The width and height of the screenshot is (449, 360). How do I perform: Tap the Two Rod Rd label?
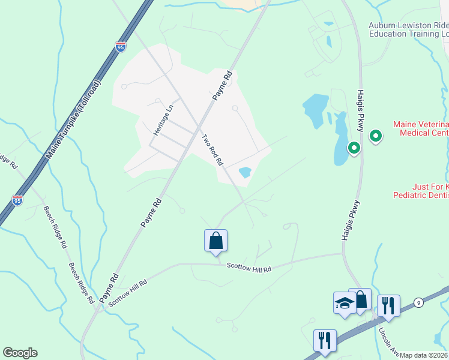coord(212,149)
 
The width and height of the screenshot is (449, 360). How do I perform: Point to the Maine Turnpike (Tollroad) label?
coord(74,121)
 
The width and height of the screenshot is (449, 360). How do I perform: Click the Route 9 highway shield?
coord(418,302)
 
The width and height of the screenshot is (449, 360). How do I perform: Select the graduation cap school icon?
coord(345,304)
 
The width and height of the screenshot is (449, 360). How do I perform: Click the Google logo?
coord(20,353)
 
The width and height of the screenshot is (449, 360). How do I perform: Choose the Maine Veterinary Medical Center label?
coord(421,128)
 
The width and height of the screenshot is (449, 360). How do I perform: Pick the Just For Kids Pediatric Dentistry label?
coord(421,191)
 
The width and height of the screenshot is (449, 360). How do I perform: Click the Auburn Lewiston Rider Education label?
coord(408,30)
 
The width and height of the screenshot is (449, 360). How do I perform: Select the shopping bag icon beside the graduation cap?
coord(361,299)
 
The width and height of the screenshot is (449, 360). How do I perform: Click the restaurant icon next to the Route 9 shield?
coord(388,305)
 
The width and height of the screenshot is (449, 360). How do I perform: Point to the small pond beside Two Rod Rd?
coord(245,173)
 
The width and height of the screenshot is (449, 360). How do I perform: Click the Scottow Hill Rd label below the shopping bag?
coord(249,269)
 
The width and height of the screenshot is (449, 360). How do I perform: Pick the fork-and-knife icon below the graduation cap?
coord(324,340)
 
